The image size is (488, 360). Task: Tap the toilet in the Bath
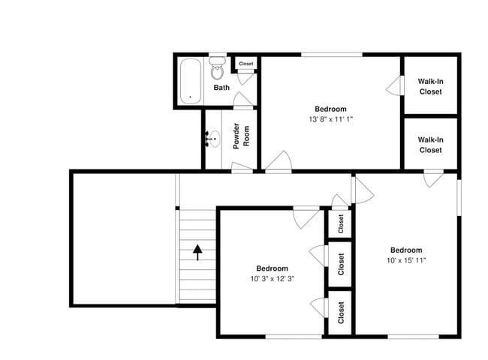[217, 70]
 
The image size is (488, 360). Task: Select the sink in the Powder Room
[212, 139]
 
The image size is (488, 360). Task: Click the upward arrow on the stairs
[198, 251]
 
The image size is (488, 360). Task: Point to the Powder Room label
[240, 136]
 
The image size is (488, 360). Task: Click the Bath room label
[221, 88]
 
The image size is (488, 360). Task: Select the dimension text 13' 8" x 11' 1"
[330, 119]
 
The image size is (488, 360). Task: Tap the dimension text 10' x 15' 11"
[405, 260]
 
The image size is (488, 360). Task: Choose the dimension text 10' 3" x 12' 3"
[272, 279]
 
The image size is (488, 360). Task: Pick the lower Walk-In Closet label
[430, 145]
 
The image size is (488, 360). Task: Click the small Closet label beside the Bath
[246, 64]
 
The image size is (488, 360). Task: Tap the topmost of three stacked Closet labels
[340, 223]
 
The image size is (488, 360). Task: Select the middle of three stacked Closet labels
[340, 264]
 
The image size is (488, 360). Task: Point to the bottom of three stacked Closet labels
[340, 311]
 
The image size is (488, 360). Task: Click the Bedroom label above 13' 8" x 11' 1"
[330, 109]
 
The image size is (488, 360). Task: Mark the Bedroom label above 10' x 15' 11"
[405, 250]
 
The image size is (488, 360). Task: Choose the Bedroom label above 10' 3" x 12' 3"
[272, 268]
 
